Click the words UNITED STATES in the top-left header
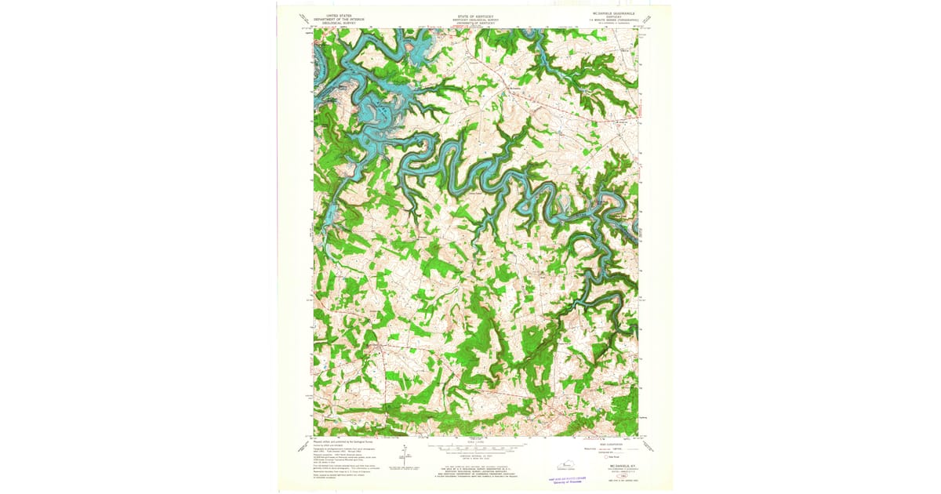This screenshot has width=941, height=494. click(340, 14)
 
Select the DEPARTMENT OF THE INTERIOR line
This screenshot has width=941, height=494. click(340, 18)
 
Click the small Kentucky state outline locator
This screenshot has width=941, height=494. click(579, 464)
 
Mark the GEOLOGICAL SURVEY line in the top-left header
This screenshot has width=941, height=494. click(340, 22)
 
